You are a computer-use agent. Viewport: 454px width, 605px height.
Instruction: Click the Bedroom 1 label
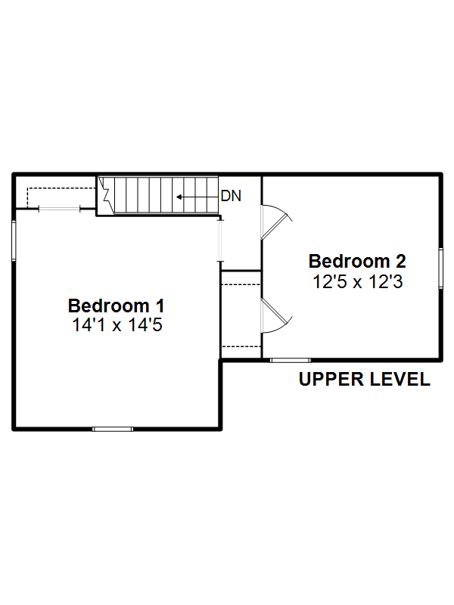pyautogui.click(x=117, y=306)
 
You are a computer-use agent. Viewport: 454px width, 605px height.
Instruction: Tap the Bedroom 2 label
pyautogui.click(x=357, y=261)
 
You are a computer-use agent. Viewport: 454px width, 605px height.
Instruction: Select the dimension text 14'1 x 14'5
pyautogui.click(x=117, y=325)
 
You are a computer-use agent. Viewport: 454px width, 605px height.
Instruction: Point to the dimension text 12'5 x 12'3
pyautogui.click(x=357, y=281)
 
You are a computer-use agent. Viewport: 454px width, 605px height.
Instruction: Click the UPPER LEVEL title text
pyautogui.click(x=365, y=379)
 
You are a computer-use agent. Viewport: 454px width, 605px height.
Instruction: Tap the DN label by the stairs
pyautogui.click(x=231, y=196)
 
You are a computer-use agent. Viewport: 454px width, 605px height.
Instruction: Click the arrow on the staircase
pyautogui.click(x=197, y=197)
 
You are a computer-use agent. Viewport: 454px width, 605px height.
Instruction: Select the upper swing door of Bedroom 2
pyautogui.click(x=276, y=222)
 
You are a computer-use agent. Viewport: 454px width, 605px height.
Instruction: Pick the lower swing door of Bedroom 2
pyautogui.click(x=276, y=315)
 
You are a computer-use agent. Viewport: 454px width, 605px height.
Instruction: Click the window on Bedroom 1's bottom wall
pyautogui.click(x=113, y=429)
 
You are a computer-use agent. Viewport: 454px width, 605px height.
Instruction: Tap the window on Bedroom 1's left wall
pyautogui.click(x=14, y=240)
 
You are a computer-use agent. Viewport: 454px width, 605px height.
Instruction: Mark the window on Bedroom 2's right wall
pyautogui.click(x=440, y=268)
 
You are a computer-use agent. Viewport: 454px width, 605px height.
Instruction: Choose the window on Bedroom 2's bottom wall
pyautogui.click(x=291, y=361)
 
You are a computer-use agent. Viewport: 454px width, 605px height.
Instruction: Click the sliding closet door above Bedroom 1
pyautogui.click(x=60, y=209)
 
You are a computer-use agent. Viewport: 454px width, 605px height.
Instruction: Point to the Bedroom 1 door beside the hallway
pyautogui.click(x=220, y=240)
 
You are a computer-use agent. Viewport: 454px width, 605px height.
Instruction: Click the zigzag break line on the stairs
pyautogui.click(x=106, y=195)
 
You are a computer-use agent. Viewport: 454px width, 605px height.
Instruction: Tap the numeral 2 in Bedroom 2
pyautogui.click(x=401, y=261)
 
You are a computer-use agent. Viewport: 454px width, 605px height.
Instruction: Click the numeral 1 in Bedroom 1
pyautogui.click(x=160, y=306)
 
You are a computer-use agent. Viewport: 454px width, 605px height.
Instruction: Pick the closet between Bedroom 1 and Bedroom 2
pyautogui.click(x=241, y=315)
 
